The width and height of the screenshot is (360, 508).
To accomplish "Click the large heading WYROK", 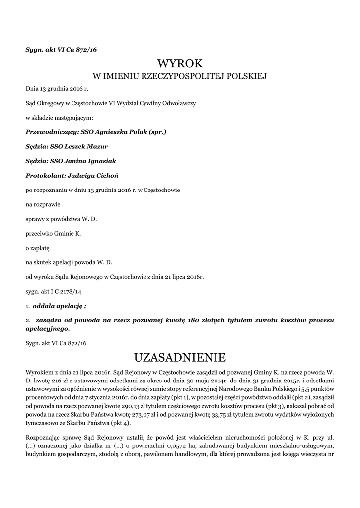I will [x=180, y=63].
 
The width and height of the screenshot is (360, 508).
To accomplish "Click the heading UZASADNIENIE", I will [x=180, y=357].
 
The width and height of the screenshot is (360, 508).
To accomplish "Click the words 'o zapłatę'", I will [x=38, y=247].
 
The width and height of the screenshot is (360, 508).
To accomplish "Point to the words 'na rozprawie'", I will [x=43, y=204].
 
